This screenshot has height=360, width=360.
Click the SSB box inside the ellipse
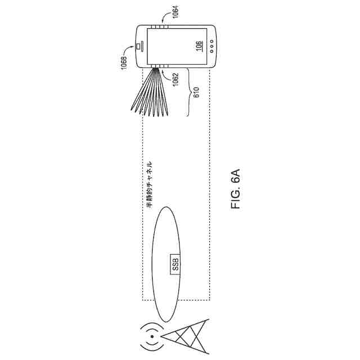pyautogui.click(x=175, y=264)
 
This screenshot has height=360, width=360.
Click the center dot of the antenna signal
pyautogui.click(x=152, y=338)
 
